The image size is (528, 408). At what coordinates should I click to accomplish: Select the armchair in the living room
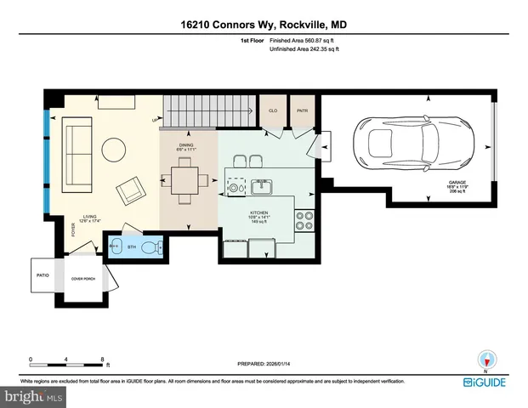coord(131,190)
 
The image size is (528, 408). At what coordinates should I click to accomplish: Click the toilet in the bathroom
coord(152,249)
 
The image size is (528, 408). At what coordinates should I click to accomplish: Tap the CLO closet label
coord(273,110)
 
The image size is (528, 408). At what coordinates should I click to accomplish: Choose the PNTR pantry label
coord(301,110)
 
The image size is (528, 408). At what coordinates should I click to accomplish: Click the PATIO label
coord(43,275)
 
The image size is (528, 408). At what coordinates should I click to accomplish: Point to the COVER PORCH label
coord(82,279)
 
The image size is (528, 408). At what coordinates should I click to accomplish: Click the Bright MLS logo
coord(32,397)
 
